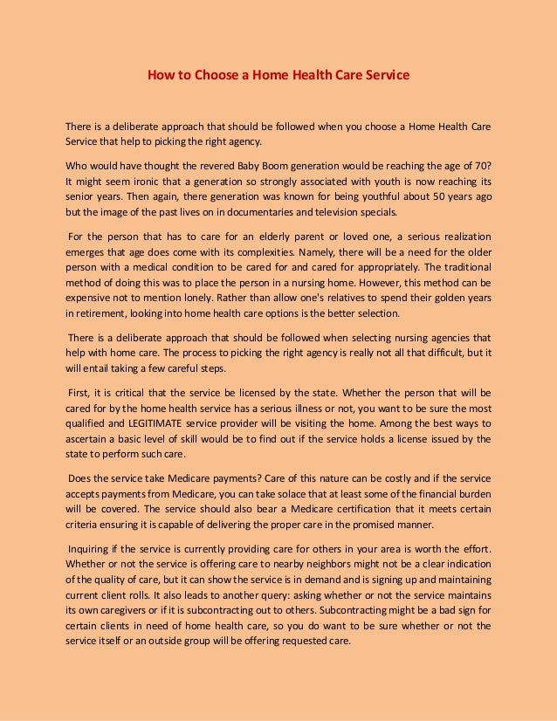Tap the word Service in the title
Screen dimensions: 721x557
[x=387, y=75]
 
